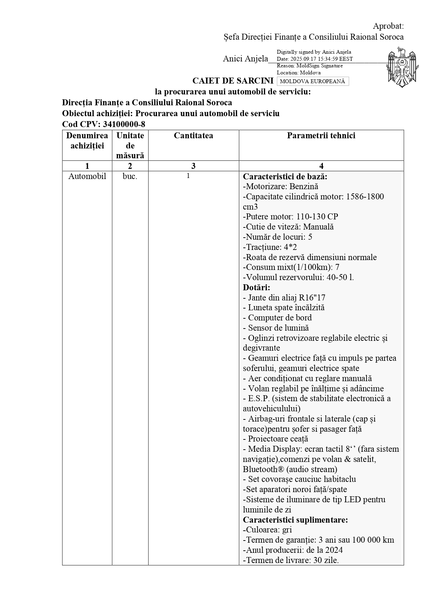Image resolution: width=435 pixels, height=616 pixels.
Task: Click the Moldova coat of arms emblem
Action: pos(403,67)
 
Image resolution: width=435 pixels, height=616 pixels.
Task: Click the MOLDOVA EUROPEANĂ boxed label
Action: pos(312,81)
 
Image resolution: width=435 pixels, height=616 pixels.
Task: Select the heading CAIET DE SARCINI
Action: pos(233,81)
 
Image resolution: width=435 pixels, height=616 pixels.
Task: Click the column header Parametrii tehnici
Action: pos(321,136)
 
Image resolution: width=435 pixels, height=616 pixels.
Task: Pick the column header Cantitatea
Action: pos(193,136)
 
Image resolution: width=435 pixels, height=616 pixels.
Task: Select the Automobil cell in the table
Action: pos(87,176)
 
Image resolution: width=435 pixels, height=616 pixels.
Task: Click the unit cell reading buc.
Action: pos(130,176)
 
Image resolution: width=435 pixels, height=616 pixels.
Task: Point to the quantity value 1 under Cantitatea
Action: pos(188,176)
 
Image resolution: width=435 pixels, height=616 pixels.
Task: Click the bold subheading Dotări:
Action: pos(257,287)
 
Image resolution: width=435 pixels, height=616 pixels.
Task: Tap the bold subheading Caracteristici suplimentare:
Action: pos(295,520)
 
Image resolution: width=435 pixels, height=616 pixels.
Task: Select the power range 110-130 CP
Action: pos(317,217)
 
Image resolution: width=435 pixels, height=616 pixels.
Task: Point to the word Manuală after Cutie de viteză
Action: pos(318,227)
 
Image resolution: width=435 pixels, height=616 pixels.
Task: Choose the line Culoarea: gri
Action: pos(267,530)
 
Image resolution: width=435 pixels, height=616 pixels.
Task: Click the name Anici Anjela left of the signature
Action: pos(245,59)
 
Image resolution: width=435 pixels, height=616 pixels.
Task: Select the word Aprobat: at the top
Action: pos(388,26)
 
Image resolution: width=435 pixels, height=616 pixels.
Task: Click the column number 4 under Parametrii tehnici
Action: pos(321,166)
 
